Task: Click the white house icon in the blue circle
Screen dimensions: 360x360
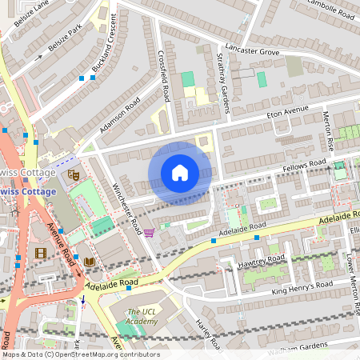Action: pyautogui.click(x=179, y=173)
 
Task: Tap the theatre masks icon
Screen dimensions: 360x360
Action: pyautogui.click(x=74, y=174)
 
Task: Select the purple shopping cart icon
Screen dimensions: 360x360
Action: pyautogui.click(x=149, y=233)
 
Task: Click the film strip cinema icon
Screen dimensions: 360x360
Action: pyautogui.click(x=41, y=254)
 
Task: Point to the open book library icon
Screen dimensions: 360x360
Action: pyautogui.click(x=89, y=262)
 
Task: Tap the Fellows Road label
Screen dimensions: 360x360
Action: pyautogui.click(x=306, y=166)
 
